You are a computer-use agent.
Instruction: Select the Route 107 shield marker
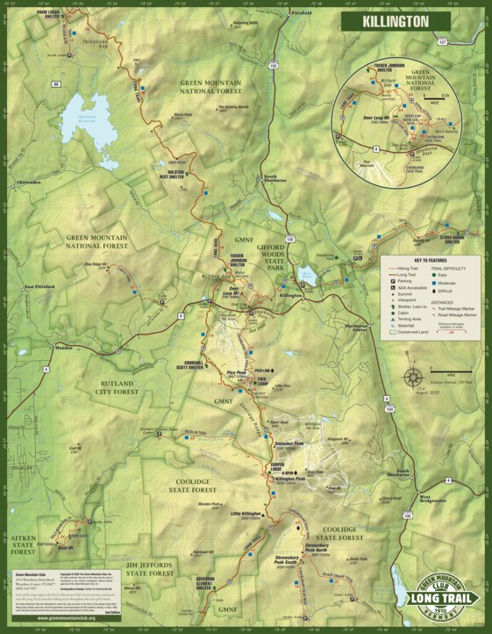pyautogui.click(x=443, y=42)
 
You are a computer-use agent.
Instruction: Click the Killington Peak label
pyautogui.click(x=289, y=479)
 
